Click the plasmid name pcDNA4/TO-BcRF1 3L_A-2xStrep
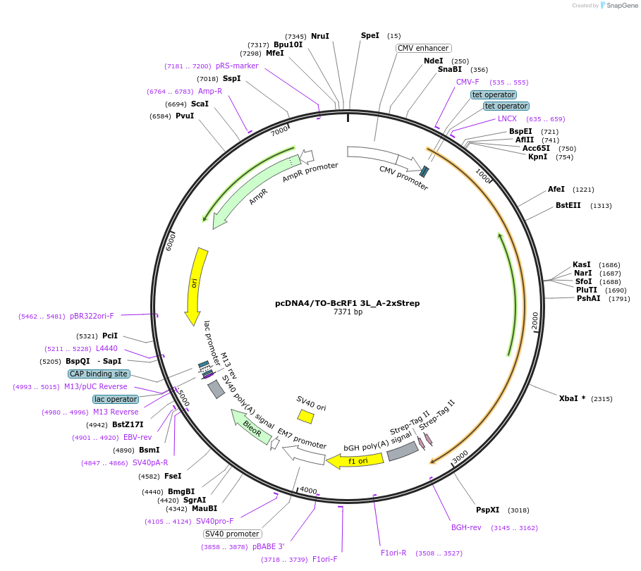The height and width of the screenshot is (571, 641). pyautogui.click(x=347, y=303)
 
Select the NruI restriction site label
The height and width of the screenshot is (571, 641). pyautogui.click(x=320, y=36)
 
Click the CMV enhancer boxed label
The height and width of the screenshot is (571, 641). pyautogui.click(x=423, y=48)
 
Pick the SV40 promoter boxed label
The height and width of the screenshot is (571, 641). pyautogui.click(x=232, y=534)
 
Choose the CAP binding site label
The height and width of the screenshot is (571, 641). pyautogui.click(x=99, y=374)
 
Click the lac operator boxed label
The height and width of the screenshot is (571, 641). pyautogui.click(x=116, y=399)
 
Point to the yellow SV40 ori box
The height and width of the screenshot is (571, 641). pyautogui.click(x=305, y=416)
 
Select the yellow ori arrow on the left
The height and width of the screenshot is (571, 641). pyautogui.click(x=195, y=285)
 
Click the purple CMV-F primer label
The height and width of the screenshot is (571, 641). pyautogui.click(x=468, y=82)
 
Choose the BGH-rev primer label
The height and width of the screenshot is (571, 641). pyautogui.click(x=466, y=527)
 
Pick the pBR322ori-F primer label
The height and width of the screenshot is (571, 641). pyautogui.click(x=92, y=316)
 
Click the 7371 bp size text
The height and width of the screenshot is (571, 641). pyautogui.click(x=348, y=312)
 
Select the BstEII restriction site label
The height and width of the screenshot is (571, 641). pyautogui.click(x=568, y=205)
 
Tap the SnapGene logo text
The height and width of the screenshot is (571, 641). pyautogui.click(x=623, y=5)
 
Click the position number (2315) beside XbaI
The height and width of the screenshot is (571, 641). pyautogui.click(x=602, y=398)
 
